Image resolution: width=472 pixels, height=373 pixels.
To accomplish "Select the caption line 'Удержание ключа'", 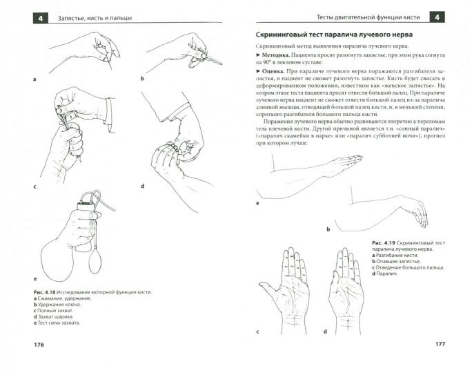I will point(55,304).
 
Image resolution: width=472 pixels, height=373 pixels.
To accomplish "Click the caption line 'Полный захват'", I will point(52,311).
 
